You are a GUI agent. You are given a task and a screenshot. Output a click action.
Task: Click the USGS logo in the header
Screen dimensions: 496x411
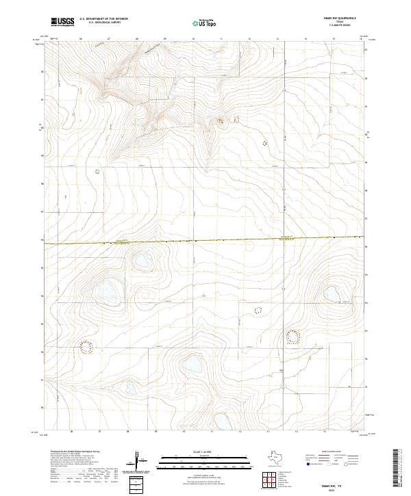tap(60, 23)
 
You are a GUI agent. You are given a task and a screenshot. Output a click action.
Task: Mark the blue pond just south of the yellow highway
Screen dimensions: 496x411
tap(141, 261)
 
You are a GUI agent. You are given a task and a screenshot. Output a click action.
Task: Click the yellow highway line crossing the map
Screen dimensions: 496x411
tap(206, 240)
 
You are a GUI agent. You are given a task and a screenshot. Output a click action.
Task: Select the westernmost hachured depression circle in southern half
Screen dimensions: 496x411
tap(86, 348)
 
